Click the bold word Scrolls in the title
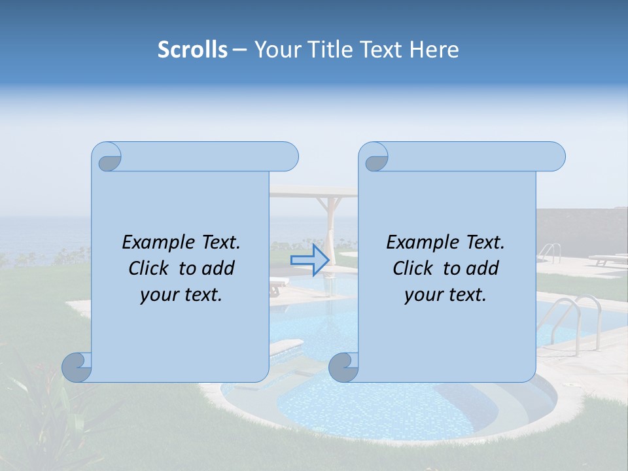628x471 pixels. point(192,49)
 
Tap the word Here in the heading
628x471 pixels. point(434,49)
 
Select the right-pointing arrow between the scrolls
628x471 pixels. point(310,260)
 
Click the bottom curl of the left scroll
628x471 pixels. point(77,368)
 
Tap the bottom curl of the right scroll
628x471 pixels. point(343,368)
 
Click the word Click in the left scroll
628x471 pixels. point(149,268)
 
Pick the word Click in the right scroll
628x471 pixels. point(413,268)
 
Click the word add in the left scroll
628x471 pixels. point(218,268)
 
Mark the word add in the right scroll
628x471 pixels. point(483,268)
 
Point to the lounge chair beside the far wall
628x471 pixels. point(606,260)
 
